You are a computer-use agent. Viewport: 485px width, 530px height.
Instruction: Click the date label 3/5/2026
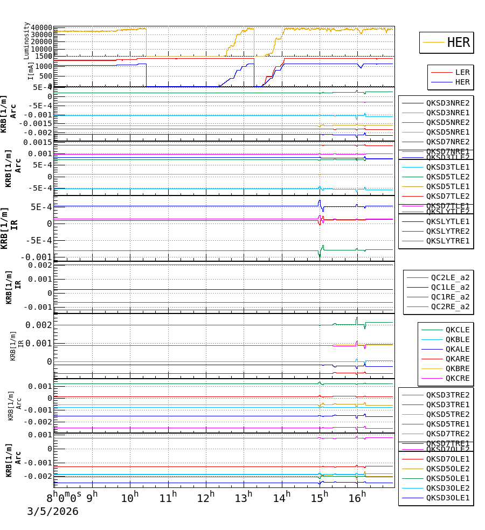coord(53,511)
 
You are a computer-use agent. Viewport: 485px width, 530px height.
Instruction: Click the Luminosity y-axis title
coord(26,40)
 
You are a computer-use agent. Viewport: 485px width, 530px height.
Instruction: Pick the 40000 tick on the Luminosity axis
coord(41,28)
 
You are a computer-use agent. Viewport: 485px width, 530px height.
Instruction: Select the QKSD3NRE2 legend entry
coord(447,103)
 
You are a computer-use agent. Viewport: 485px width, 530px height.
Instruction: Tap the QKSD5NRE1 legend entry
coord(447,132)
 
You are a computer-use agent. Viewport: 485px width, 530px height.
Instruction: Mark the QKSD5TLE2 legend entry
coord(447,177)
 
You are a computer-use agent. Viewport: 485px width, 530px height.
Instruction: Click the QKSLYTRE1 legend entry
coord(447,241)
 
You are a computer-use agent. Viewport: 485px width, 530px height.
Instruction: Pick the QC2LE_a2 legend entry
coord(450,277)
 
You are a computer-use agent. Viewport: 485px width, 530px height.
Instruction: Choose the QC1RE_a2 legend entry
coord(450,297)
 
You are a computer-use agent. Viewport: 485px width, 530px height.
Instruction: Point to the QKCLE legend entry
coord(457,330)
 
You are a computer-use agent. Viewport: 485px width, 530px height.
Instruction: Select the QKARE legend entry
coord(457,359)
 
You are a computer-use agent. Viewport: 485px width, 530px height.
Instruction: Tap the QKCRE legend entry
coord(457,378)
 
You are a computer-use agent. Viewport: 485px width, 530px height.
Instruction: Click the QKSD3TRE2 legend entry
coord(447,395)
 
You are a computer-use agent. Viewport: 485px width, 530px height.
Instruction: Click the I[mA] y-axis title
coord(31,70)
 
